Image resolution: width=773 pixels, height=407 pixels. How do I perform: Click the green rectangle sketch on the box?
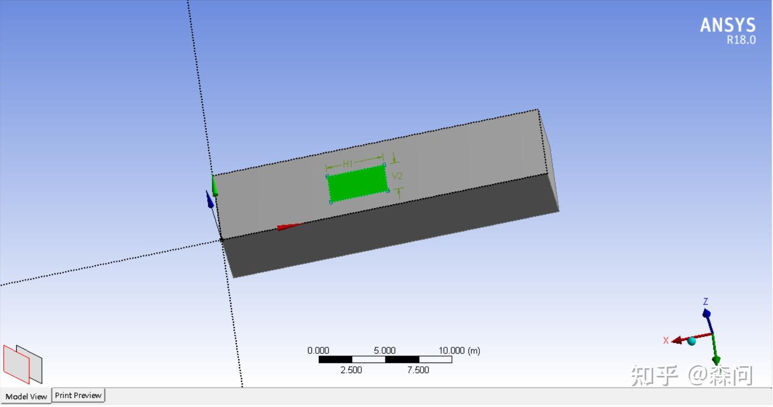click(x=358, y=184)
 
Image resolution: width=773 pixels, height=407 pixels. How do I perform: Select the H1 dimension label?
click(x=348, y=163)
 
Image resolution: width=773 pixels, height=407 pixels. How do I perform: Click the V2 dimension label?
click(x=397, y=176)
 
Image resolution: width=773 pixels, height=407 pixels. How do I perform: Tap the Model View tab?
click(x=26, y=396)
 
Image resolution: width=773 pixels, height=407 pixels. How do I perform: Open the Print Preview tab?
click(x=78, y=395)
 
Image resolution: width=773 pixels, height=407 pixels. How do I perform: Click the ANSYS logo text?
click(x=727, y=25)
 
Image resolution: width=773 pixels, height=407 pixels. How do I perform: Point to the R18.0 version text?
click(x=741, y=40)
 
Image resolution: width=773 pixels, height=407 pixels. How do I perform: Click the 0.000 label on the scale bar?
click(x=318, y=351)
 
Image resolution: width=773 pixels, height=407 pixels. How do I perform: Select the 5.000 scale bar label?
click(x=384, y=351)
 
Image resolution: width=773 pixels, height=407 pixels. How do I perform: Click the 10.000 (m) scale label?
click(x=459, y=351)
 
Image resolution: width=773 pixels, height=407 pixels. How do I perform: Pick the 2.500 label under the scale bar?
click(x=351, y=370)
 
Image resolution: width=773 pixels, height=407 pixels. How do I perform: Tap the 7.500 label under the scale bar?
click(x=418, y=370)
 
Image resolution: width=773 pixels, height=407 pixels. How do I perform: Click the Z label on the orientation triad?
click(x=706, y=302)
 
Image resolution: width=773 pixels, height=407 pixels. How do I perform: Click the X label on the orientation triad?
click(x=666, y=340)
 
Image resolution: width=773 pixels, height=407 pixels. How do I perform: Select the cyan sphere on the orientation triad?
click(x=691, y=341)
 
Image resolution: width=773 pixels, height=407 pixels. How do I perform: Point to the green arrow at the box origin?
click(x=215, y=185)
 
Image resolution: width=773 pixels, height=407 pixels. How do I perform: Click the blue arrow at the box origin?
click(x=209, y=199)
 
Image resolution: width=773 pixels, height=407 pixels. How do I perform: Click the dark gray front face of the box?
click(x=386, y=231)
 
